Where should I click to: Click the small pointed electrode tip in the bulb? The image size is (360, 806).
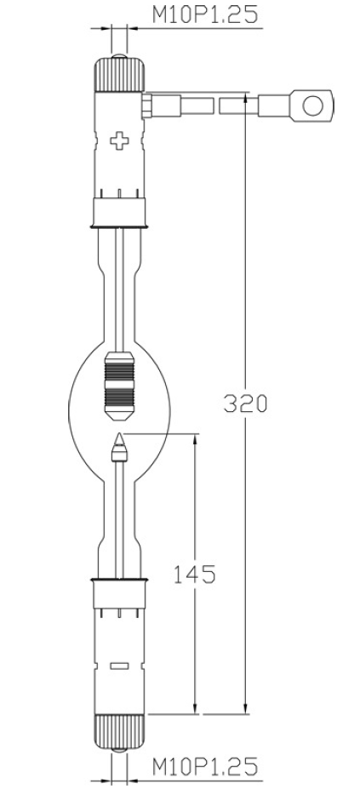pos(120,444)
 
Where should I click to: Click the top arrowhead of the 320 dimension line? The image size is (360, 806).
pos(246,100)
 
